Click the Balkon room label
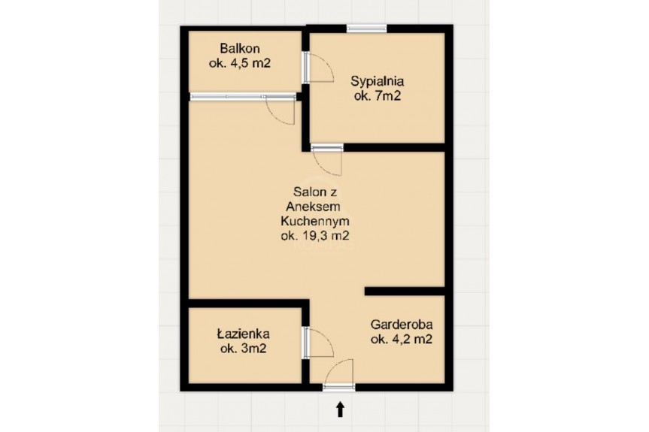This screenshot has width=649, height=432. coord(240,48)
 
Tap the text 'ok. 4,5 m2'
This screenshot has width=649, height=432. coord(240,63)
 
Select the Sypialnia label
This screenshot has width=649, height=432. coord(377,81)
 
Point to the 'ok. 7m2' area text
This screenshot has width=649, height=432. coord(377,96)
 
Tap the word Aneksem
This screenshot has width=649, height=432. coord(314,206)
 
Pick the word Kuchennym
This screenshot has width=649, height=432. coord(314,221)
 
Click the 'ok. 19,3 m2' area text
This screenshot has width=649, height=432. coord(314,236)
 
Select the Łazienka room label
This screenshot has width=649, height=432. coord(243,334)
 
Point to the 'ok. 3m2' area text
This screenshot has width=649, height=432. coord(243,349)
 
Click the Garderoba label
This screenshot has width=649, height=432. coord(402,324)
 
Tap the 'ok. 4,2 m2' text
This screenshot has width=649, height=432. coord(402,339)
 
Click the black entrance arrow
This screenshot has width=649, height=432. coord(340,409)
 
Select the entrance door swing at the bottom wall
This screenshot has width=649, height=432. coord(339,372)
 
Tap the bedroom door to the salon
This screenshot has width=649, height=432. coord(327,160)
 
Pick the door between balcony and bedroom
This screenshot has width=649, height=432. coord(319,67)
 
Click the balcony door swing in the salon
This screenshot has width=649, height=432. coord(281,109)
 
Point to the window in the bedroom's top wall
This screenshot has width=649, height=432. coord(366,29)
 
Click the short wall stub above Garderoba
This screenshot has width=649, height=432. coord(405,291)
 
